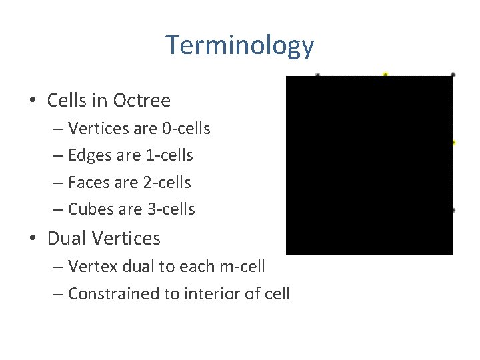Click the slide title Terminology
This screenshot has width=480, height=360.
(x=239, y=45)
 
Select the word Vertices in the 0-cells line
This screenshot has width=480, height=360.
(x=95, y=128)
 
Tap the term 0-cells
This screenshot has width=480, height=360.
(x=185, y=128)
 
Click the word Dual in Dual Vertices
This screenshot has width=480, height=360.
(x=68, y=238)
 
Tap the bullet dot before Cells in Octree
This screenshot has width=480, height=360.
(x=33, y=101)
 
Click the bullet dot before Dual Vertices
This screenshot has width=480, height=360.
(x=33, y=239)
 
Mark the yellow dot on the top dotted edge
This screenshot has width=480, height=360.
(x=385, y=75)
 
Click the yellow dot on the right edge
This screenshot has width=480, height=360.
(x=453, y=143)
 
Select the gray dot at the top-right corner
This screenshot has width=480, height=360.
(x=453, y=75)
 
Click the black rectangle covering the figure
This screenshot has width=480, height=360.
(x=369, y=165)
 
